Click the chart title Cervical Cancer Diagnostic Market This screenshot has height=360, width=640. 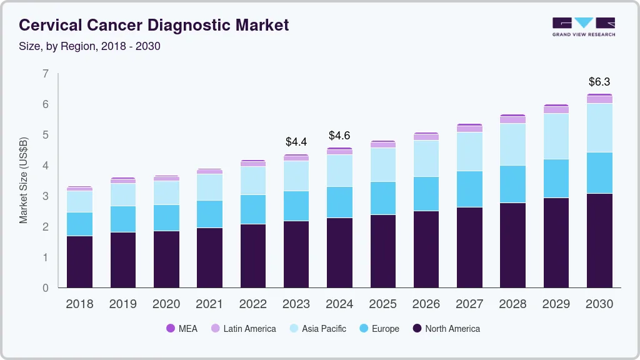click(x=154, y=25)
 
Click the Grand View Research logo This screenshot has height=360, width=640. click(x=583, y=26)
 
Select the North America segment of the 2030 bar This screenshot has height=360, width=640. click(x=599, y=241)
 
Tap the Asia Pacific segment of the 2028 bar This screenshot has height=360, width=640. click(x=512, y=144)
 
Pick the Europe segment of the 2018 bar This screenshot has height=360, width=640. click(x=79, y=224)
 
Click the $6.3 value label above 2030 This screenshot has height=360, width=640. click(x=599, y=82)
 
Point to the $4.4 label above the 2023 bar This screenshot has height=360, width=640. click(x=296, y=142)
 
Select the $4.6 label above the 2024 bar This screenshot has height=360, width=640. click(x=339, y=136)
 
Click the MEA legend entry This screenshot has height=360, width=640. click(x=181, y=328)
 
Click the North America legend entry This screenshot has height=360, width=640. click(x=446, y=328)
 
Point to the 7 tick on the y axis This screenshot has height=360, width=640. click(x=45, y=74)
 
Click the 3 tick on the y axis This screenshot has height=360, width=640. click(x=45, y=196)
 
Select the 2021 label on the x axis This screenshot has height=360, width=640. click(x=209, y=304)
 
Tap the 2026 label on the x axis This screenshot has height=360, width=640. click(x=426, y=304)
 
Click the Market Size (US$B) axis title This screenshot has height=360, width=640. click(x=24, y=181)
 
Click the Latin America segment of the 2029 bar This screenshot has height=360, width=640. click(x=556, y=109)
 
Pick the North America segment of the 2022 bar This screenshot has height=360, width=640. click(x=252, y=256)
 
